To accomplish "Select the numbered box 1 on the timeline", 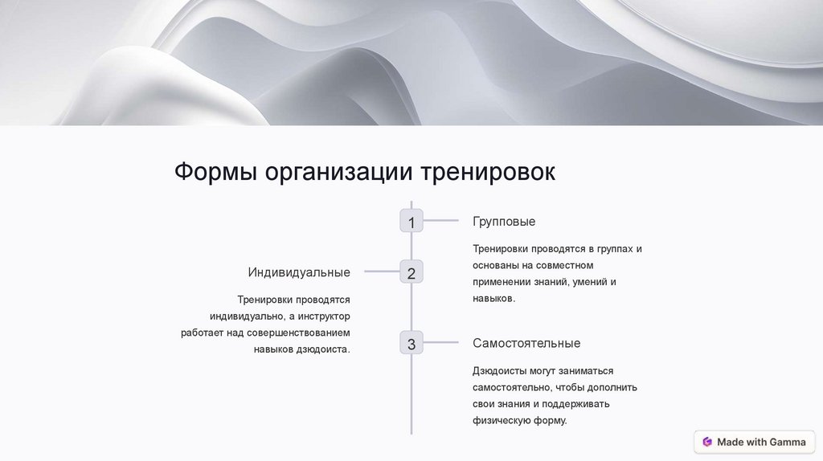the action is [x=411, y=222].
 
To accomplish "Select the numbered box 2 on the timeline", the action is [x=411, y=273].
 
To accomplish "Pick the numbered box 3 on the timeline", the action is [x=411, y=344].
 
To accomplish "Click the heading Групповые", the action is [x=504, y=222].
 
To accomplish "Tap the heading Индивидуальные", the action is [x=299, y=273].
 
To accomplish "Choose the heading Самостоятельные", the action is [x=526, y=344].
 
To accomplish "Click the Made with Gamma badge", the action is [x=753, y=442].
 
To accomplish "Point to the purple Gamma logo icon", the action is [x=707, y=442].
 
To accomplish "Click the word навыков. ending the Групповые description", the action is [x=493, y=299].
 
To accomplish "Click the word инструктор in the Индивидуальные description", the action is [x=323, y=316].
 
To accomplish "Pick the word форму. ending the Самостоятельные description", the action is [x=549, y=420].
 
